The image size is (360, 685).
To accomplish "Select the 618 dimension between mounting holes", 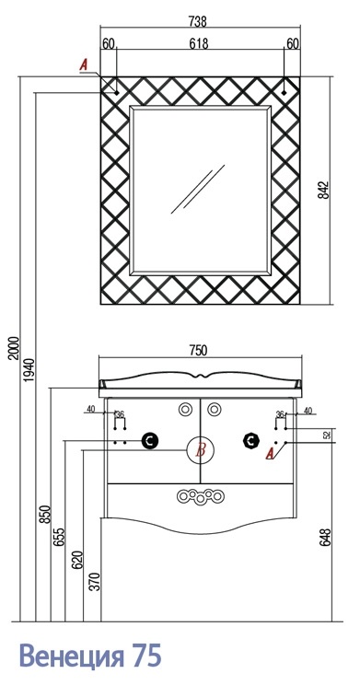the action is click(x=199, y=43).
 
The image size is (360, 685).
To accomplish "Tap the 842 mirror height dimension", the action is click(x=323, y=191).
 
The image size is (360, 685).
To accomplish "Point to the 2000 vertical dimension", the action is click(x=15, y=348).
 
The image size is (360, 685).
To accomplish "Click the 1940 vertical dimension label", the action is click(x=29, y=370).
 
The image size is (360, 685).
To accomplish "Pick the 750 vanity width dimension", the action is click(x=198, y=351).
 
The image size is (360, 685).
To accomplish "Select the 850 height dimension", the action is click(x=46, y=514).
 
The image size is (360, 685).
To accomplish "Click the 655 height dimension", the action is click(x=60, y=537).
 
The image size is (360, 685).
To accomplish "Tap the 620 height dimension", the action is click(x=77, y=560).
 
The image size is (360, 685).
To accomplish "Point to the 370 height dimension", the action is click(x=96, y=582).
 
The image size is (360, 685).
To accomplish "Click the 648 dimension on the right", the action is click(x=325, y=538).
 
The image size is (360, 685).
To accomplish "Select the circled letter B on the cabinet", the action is click(x=201, y=450).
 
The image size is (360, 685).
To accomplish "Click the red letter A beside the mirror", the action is click(x=84, y=65).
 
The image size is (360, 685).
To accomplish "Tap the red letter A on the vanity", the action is click(x=270, y=454).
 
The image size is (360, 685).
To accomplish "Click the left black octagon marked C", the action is click(x=150, y=441).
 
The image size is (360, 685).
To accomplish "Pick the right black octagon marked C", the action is click(x=250, y=441).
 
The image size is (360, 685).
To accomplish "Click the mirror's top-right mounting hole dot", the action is click(x=284, y=93).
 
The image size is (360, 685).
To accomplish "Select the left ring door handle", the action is click(x=186, y=410).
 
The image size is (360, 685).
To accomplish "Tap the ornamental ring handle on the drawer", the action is click(x=201, y=496).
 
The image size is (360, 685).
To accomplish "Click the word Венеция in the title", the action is click(x=70, y=656).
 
